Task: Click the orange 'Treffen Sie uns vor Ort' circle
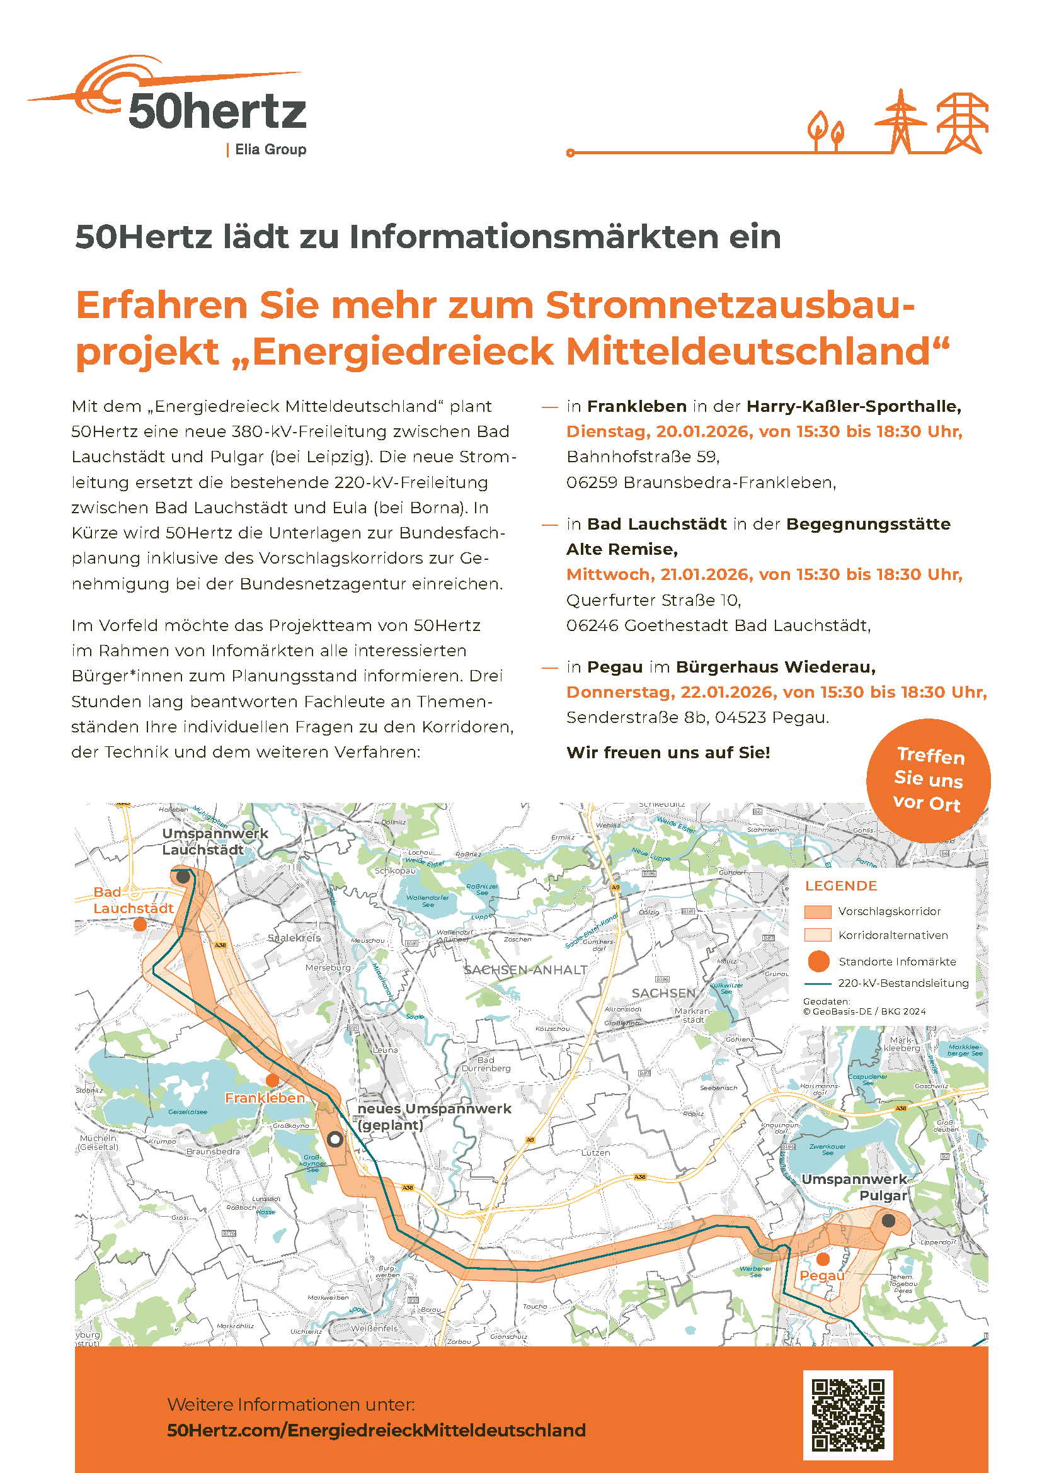click(928, 780)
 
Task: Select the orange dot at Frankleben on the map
click(272, 1081)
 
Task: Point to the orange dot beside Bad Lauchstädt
click(140, 924)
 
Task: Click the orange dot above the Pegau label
click(823, 1260)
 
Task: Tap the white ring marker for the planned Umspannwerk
click(335, 1139)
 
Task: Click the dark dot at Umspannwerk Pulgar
click(888, 1220)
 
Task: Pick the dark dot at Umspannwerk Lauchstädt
click(183, 876)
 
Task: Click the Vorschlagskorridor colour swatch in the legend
click(818, 912)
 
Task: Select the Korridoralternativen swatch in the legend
click(818, 935)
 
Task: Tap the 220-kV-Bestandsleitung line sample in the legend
click(818, 984)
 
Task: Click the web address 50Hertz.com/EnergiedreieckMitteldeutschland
click(376, 1430)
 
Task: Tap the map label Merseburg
click(328, 967)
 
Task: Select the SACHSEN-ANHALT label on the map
click(525, 970)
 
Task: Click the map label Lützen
click(595, 1153)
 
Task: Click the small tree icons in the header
click(826, 130)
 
